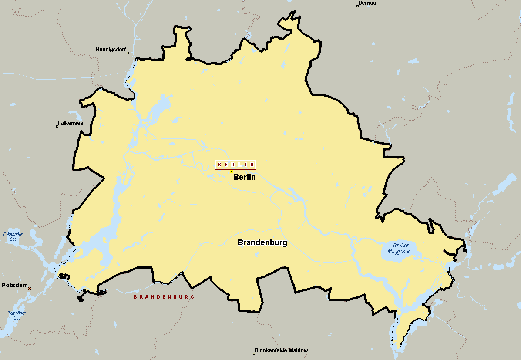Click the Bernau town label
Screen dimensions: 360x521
[x=367, y=3]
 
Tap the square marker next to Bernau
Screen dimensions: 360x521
[x=358, y=6]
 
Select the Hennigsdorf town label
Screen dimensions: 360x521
[x=111, y=50]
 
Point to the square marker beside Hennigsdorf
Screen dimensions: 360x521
[x=128, y=53]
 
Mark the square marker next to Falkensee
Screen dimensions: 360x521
[x=57, y=126]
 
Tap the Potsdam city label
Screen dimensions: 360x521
[x=14, y=286]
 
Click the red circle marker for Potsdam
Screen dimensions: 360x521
[x=30, y=289]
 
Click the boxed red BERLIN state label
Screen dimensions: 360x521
[x=235, y=165]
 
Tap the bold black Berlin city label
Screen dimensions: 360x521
[x=244, y=177]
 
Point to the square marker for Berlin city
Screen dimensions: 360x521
[x=232, y=172]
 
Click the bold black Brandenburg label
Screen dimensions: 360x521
[x=262, y=242]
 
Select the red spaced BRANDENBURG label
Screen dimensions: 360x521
[x=164, y=297]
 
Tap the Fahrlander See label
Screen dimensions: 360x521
[x=13, y=236]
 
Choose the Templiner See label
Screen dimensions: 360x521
[x=17, y=315]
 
